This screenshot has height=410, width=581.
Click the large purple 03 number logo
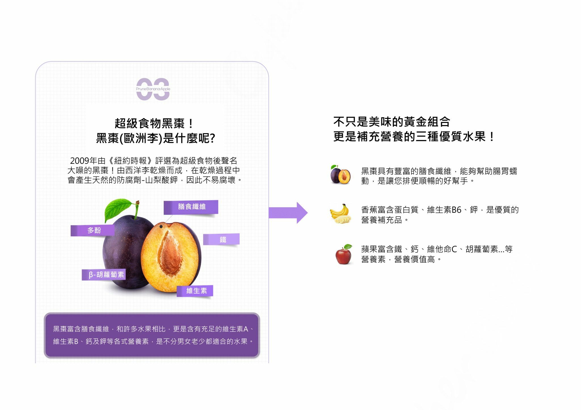coord(153,89)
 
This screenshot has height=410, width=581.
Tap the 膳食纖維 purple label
coord(191,207)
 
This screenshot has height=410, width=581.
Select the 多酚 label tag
coord(93,230)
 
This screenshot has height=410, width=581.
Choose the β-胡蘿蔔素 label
coord(104,275)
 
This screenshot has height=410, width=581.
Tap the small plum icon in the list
coord(340,175)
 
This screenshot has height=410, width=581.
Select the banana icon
coord(340,213)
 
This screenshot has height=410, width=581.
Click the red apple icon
coord(344,254)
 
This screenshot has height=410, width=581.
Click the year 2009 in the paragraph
coord(79,161)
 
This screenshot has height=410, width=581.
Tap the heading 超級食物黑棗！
coord(154,124)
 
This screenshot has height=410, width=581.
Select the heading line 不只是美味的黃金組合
coord(391,122)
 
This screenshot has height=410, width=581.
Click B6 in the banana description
coord(456,210)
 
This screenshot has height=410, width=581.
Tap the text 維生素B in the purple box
coord(66,341)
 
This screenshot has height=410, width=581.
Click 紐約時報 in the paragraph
coord(130,161)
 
